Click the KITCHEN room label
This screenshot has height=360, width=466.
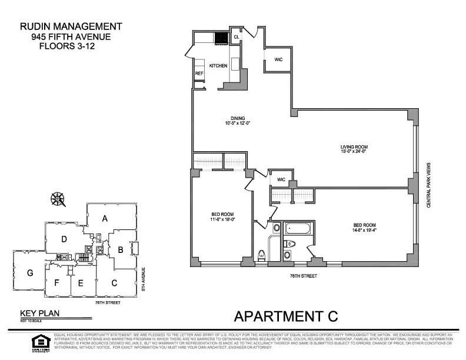pos(218,66)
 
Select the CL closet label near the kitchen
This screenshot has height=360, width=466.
pos(237,37)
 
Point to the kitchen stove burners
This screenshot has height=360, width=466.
pos(222,38)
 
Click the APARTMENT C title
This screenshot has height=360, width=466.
pos(286,316)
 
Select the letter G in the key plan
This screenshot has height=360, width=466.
pos(29,274)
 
